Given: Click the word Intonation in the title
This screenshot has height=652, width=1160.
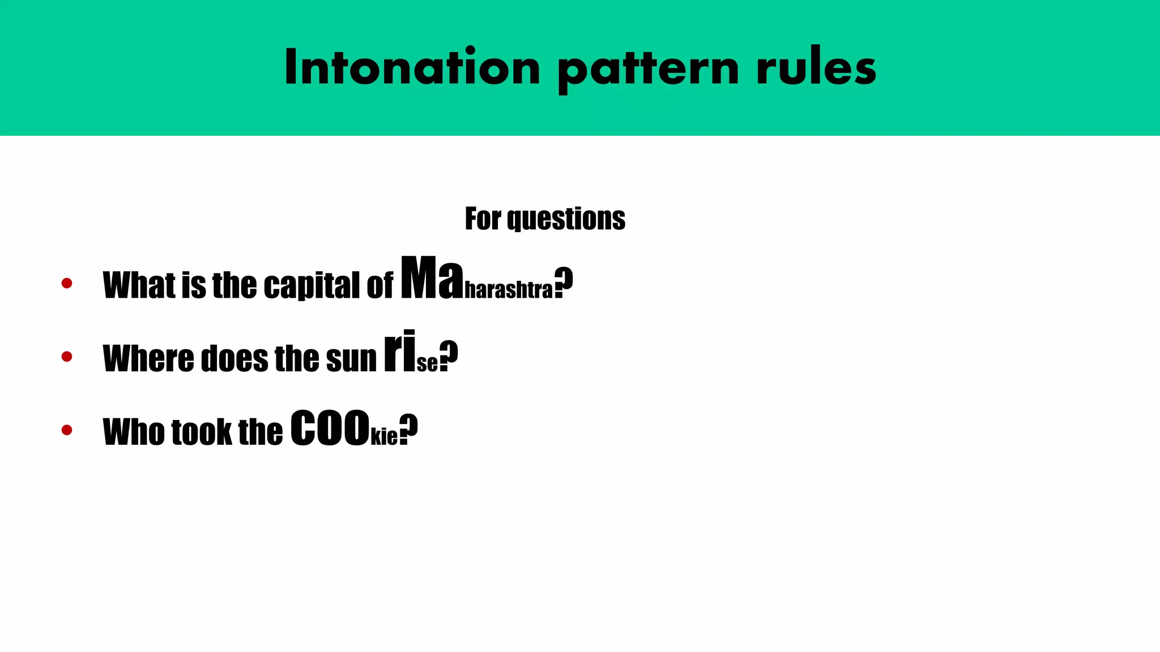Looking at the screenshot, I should point(412,68).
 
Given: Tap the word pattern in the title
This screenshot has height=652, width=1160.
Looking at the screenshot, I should point(648,69).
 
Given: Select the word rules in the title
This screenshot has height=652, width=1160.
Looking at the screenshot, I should point(816,68).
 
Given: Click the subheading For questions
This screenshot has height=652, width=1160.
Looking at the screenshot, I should point(545,218).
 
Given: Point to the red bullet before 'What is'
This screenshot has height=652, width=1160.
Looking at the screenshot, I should point(67,283).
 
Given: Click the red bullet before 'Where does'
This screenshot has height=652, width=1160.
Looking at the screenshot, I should point(67,357).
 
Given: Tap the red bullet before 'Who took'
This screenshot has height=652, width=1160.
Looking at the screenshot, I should point(67,430).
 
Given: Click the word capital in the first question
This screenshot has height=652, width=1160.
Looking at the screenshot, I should point(312,285).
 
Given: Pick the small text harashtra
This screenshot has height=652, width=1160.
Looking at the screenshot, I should point(508,290).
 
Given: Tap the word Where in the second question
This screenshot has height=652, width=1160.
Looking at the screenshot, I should point(148,359).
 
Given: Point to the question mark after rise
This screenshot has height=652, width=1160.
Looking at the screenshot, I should point(449,355).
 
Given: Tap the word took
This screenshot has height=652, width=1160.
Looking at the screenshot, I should point(202,432).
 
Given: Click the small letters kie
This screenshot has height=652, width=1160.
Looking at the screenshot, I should point(384,436).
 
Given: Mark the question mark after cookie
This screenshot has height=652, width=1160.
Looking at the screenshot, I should point(408,429).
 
